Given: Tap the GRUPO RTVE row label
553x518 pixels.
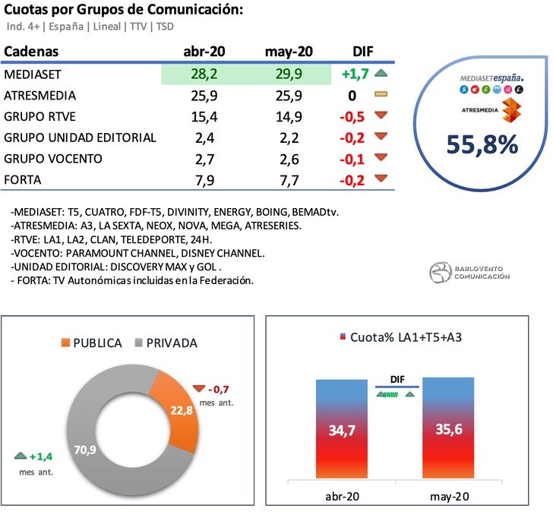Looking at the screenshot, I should click(x=40, y=117).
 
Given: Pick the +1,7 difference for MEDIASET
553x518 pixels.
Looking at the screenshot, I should click(x=354, y=74).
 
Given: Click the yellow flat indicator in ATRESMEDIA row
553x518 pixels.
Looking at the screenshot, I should click(x=382, y=96).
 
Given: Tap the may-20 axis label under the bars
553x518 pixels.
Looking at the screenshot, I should click(x=447, y=497).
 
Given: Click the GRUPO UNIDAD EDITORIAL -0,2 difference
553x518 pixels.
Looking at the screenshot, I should click(x=354, y=137).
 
